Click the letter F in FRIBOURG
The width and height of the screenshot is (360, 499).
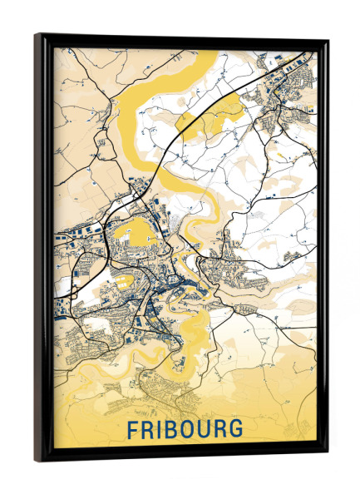[x=133, y=430]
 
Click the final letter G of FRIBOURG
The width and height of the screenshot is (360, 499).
[x=237, y=430]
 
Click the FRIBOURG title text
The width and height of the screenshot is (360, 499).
[x=185, y=430]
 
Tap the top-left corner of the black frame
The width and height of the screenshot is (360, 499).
[x=37, y=35]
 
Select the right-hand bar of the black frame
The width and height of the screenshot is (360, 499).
[x=323, y=249]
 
